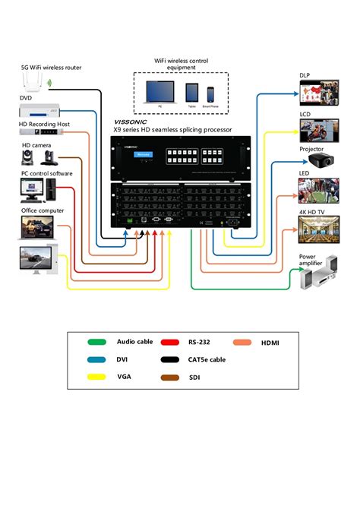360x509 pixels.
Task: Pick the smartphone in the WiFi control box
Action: (x=211, y=93)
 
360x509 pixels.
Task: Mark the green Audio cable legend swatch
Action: (x=96, y=343)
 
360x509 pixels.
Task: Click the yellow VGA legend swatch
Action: (x=96, y=376)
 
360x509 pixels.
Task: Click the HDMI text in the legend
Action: (x=270, y=343)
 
